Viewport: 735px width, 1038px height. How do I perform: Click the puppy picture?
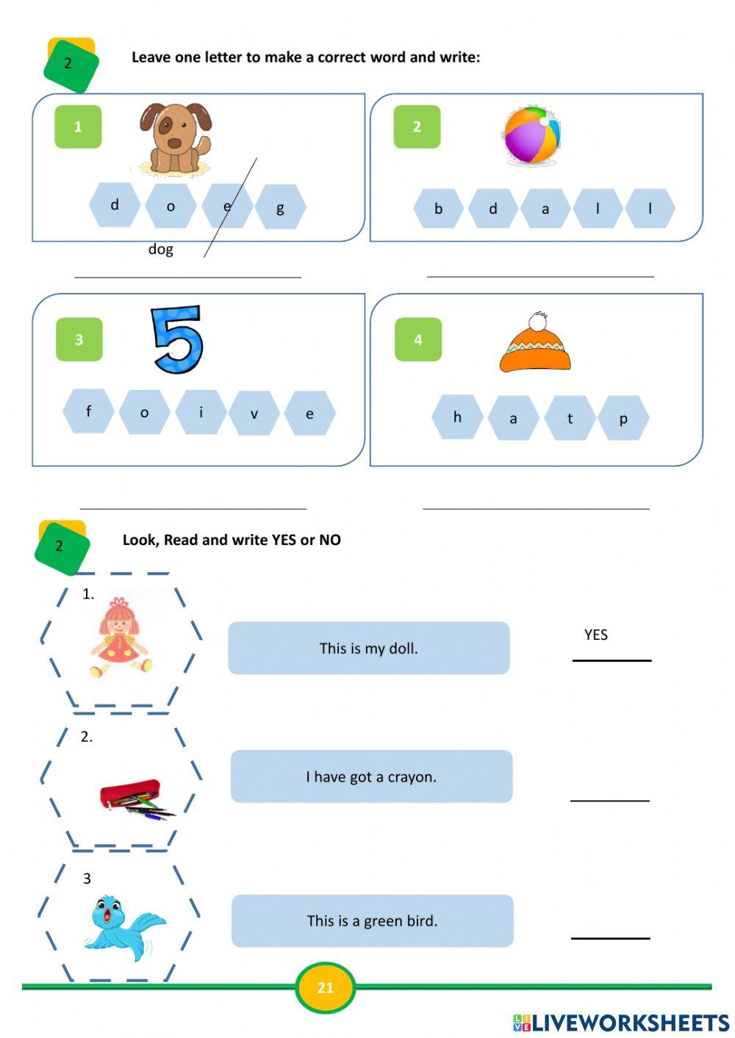175,138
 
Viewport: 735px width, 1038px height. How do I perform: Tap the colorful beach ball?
531,135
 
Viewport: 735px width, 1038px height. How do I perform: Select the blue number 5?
176,339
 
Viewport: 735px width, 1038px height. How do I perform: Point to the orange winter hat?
535,344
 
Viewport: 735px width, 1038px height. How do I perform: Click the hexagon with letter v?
254,414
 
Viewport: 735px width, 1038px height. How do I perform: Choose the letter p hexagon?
623,419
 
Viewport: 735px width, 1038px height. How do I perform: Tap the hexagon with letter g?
280,208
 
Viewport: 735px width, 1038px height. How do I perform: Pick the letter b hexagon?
438,209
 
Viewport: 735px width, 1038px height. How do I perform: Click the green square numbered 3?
79,339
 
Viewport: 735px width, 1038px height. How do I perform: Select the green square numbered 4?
418,339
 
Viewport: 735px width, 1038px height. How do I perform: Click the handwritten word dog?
161,249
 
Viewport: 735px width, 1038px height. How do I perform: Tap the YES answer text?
596,635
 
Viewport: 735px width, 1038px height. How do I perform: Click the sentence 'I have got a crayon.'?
371,776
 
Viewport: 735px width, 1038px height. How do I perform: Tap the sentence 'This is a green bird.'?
372,920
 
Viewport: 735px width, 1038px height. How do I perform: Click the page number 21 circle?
325,987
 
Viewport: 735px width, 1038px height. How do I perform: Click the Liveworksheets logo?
621,1023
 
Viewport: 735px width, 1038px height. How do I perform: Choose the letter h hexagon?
457,417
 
